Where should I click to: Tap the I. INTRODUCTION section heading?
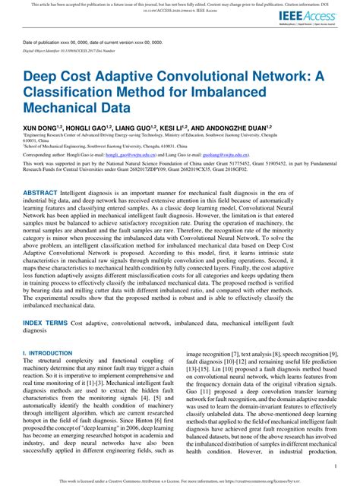pyautogui.click(x=49, y=354)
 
